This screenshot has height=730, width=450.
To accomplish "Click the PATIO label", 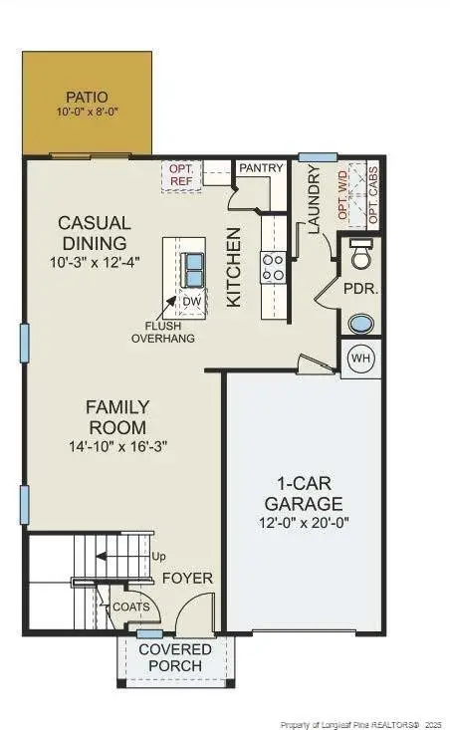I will coord(87,97).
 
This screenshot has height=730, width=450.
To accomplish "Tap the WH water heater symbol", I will coord(360,359).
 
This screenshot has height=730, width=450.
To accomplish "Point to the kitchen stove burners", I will coord(272,266).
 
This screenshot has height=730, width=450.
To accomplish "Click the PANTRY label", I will coord(262,168).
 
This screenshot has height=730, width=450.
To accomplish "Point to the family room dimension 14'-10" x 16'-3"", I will coord(117,446).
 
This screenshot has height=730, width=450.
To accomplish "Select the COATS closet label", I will coord(131,606).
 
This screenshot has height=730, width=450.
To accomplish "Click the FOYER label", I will coord(186,578).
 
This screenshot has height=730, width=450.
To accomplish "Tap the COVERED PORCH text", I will coord(175,657).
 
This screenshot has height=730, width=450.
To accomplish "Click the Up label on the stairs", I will coord(157,558).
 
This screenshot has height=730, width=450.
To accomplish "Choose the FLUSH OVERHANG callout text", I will coord(163,332).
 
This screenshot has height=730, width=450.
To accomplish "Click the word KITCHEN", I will coord(234,266).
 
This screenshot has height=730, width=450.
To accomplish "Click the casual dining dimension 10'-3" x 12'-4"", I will coord(94,262).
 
